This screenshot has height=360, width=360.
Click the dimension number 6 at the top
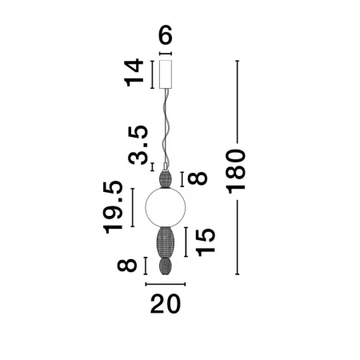click(x=166, y=35)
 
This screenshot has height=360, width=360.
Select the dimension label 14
click(x=134, y=73)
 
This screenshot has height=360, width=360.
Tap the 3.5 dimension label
click(x=138, y=145)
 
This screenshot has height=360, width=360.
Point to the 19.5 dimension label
click(x=113, y=207)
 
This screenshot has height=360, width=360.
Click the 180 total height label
click(x=235, y=171)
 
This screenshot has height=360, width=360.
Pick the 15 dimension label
click(x=205, y=242)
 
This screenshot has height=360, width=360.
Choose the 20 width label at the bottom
click(x=166, y=304)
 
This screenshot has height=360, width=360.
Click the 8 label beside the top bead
click(x=198, y=178)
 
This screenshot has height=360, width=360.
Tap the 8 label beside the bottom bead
click(x=127, y=266)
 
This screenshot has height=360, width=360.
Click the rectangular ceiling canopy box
click(x=166, y=74)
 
